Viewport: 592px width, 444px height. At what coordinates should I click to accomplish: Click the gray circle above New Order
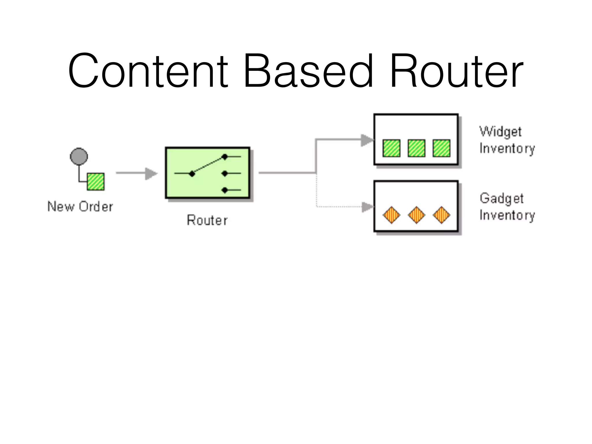point(79,156)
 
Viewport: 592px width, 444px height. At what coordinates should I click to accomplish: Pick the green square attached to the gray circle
point(96,182)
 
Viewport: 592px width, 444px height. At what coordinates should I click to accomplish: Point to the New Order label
point(80,207)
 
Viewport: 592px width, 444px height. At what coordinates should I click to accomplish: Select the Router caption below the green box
point(207,220)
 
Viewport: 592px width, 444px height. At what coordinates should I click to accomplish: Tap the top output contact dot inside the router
point(225,157)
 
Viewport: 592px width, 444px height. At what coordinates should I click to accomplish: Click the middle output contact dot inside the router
point(225,173)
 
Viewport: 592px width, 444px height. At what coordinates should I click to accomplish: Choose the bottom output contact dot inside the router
point(225,190)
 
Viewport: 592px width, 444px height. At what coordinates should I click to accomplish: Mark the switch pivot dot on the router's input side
point(192,174)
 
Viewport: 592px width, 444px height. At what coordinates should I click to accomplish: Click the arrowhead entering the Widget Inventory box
point(367,140)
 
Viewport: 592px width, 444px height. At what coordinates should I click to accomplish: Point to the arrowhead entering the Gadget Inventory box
point(368,207)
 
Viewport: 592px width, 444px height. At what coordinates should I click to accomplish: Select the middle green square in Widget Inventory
point(417,148)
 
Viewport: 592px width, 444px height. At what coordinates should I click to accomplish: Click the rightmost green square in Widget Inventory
point(441,148)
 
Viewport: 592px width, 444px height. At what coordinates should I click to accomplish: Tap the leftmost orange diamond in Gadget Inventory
point(391,215)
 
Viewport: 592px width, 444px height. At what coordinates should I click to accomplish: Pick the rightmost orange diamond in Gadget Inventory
point(441,215)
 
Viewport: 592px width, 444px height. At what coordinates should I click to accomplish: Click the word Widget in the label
point(500,132)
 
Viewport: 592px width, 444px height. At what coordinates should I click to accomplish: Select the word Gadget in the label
point(502,199)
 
